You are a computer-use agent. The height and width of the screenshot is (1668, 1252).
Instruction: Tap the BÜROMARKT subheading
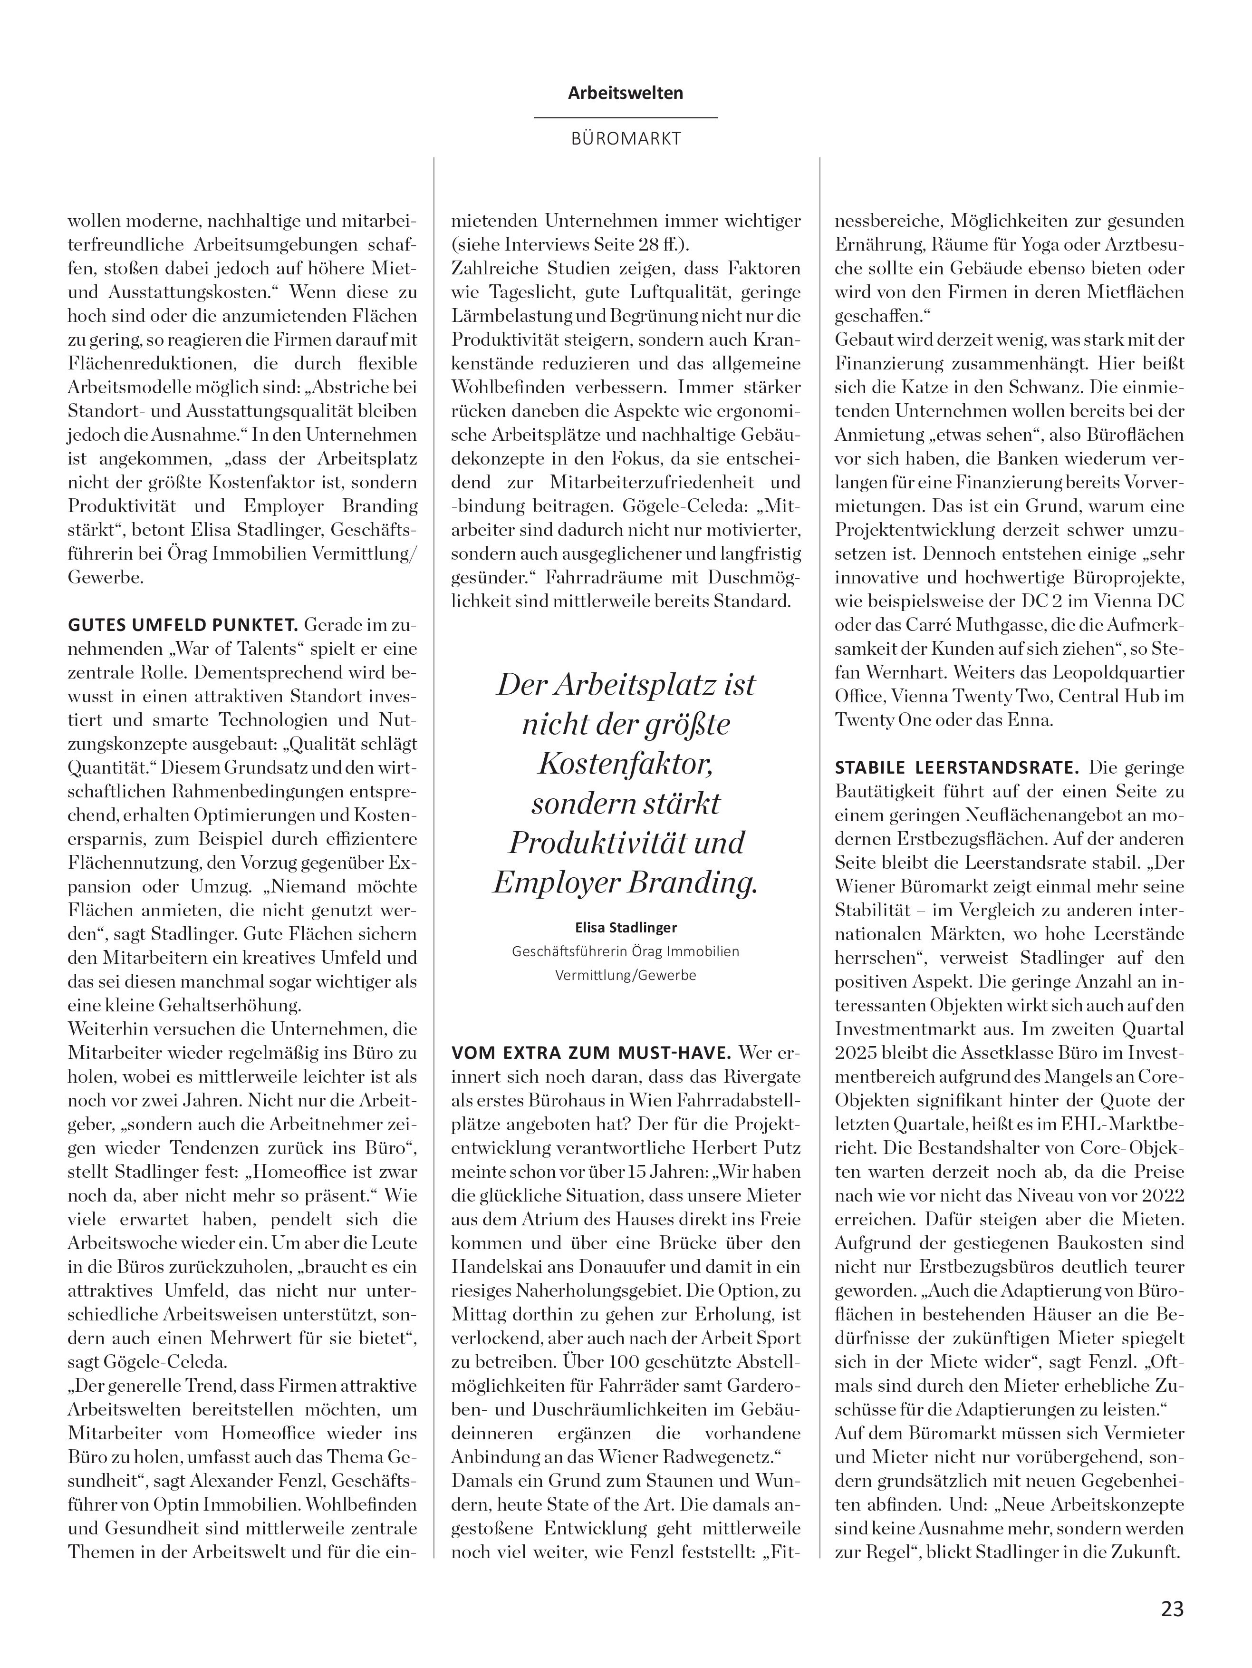[626, 139]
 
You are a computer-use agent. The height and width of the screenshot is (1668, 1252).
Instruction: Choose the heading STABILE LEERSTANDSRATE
[956, 767]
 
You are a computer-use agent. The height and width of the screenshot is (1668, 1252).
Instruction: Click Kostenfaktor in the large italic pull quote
[626, 764]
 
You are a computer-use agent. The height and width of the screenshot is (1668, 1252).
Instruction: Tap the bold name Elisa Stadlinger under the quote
[626, 927]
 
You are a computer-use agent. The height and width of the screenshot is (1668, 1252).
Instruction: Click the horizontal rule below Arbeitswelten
[626, 117]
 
